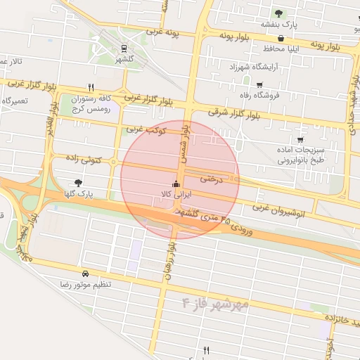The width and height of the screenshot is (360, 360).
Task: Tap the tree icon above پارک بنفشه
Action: [279, 13]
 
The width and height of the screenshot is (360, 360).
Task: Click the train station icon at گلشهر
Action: [124, 49]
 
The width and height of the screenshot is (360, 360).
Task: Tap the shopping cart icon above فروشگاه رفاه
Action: [259, 84]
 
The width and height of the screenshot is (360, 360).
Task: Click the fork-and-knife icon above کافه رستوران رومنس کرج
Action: [91, 88]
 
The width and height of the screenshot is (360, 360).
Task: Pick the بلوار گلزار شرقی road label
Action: [235, 112]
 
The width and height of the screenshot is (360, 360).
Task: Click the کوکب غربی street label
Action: [146, 130]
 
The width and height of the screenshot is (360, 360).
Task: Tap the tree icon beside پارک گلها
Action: [78, 182]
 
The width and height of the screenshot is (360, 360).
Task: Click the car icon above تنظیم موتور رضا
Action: [85, 273]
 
